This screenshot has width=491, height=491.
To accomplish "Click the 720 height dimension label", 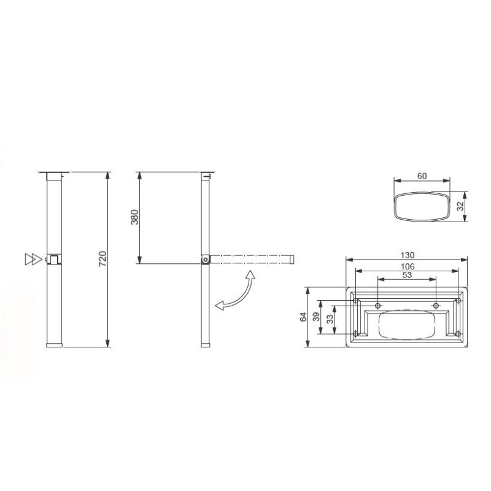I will pyautogui.click(x=102, y=258).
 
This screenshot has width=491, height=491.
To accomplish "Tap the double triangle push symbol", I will pyautogui.click(x=30, y=259).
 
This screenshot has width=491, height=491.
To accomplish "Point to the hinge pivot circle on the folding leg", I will pyautogui.click(x=204, y=260).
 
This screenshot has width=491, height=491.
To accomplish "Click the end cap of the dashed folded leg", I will pyautogui.click(x=293, y=260).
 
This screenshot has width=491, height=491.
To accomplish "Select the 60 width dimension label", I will pyautogui.click(x=422, y=176).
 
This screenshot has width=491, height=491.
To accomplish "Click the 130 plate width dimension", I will pyautogui.click(x=408, y=255).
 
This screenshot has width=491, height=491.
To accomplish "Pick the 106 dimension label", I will pyautogui.click(x=408, y=266).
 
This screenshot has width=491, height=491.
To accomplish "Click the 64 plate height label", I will pyautogui.click(x=303, y=317).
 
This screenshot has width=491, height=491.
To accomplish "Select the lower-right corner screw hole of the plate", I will pyautogui.click(x=458, y=334).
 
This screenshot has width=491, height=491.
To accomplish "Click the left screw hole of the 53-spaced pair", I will pyautogui.click(x=378, y=306).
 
